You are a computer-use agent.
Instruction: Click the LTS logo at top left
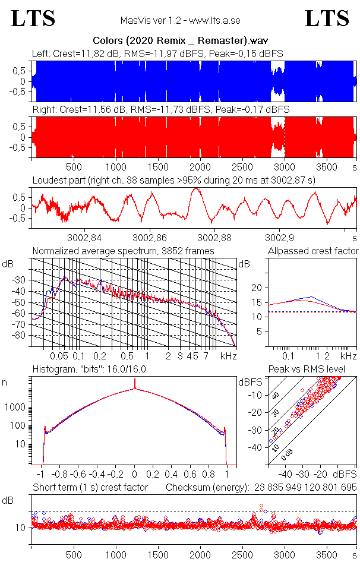[x=33, y=19]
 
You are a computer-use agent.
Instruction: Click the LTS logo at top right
[x=327, y=19]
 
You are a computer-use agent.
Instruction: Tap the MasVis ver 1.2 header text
[x=180, y=20]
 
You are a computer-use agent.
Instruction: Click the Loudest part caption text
[x=173, y=180]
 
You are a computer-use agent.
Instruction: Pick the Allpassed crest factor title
[x=312, y=251]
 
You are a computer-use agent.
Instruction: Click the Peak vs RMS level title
[x=313, y=370]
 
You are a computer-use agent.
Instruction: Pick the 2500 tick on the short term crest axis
[x=242, y=553]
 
